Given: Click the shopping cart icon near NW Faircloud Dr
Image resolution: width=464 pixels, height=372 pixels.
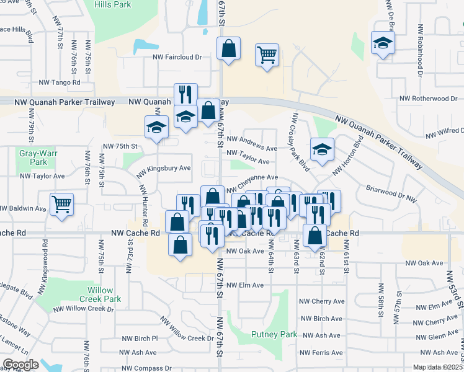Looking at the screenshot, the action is pyautogui.click(x=267, y=55).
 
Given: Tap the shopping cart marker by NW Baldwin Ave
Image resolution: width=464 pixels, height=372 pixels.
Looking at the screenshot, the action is pyautogui.click(x=61, y=203).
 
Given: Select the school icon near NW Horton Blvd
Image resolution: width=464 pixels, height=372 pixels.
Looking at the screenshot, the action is pyautogui.click(x=321, y=149).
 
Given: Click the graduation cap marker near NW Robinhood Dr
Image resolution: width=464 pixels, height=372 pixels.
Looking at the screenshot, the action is pyautogui.click(x=383, y=43).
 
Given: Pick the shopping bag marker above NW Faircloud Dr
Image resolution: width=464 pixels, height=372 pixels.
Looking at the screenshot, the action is pyautogui.click(x=229, y=48).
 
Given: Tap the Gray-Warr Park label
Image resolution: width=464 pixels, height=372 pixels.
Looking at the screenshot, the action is pyautogui.click(x=33, y=157).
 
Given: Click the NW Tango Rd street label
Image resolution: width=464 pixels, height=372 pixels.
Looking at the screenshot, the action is pyautogui.click(x=60, y=82).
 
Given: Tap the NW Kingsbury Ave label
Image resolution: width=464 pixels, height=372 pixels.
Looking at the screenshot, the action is pyautogui.click(x=163, y=169).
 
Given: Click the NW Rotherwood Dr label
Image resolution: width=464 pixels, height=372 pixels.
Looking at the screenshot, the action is pyautogui.click(x=429, y=99).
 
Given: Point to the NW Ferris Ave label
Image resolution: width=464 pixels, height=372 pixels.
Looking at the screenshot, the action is pyautogui.click(x=321, y=352).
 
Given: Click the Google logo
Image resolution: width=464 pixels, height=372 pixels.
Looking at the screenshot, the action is pyautogui.click(x=20, y=365).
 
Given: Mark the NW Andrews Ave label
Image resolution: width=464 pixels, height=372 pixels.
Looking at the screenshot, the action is pyautogui.click(x=252, y=148).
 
